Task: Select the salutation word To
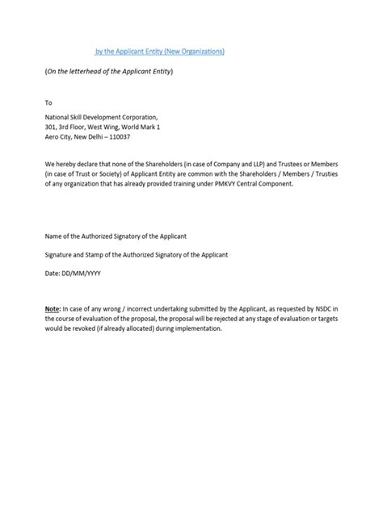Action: point(48,102)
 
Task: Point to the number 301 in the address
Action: point(50,127)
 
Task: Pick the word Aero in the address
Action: point(52,136)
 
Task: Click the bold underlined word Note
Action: point(52,309)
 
